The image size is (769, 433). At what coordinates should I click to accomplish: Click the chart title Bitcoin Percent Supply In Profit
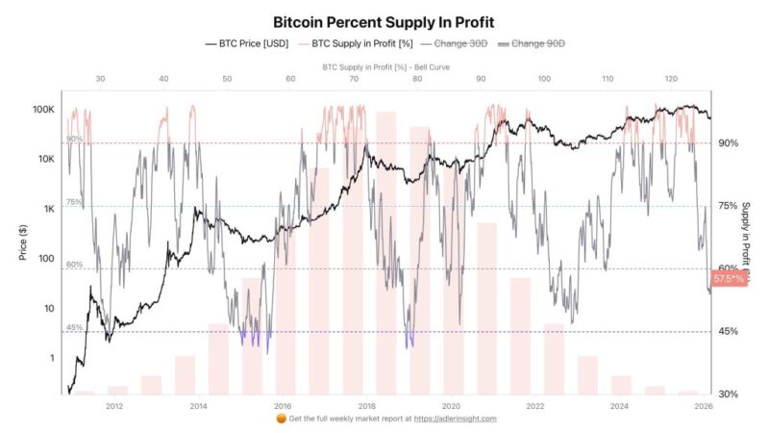(384, 20)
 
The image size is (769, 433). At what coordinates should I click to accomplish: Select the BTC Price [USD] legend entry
(248, 43)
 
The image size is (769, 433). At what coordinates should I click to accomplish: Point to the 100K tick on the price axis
(42, 110)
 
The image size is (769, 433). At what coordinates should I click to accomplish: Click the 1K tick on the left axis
(47, 209)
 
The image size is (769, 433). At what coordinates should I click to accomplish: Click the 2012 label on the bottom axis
(114, 406)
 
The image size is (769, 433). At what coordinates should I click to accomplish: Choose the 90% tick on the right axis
(728, 143)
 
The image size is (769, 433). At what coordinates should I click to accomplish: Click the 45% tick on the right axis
(728, 332)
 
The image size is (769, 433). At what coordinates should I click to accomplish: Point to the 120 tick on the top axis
(671, 80)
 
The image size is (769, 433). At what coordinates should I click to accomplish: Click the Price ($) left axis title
(20, 242)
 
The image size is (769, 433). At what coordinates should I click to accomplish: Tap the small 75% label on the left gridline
(73, 202)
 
